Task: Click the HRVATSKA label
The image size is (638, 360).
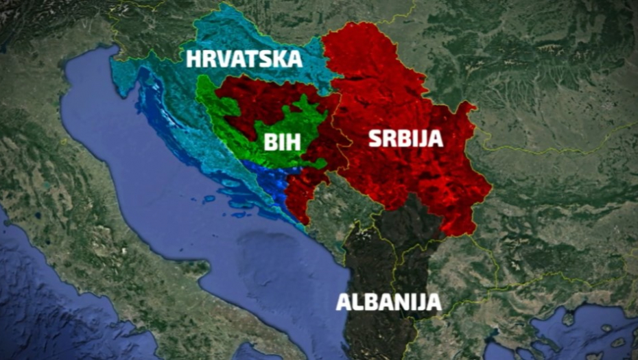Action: [244, 59]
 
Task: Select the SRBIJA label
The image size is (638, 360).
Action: [405, 139]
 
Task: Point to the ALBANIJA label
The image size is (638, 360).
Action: [388, 302]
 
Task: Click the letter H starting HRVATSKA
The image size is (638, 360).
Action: [194, 59]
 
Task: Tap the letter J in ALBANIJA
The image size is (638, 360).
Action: [420, 302]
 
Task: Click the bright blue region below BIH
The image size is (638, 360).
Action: [271, 180]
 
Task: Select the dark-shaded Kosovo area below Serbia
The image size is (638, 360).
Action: [405, 219]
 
